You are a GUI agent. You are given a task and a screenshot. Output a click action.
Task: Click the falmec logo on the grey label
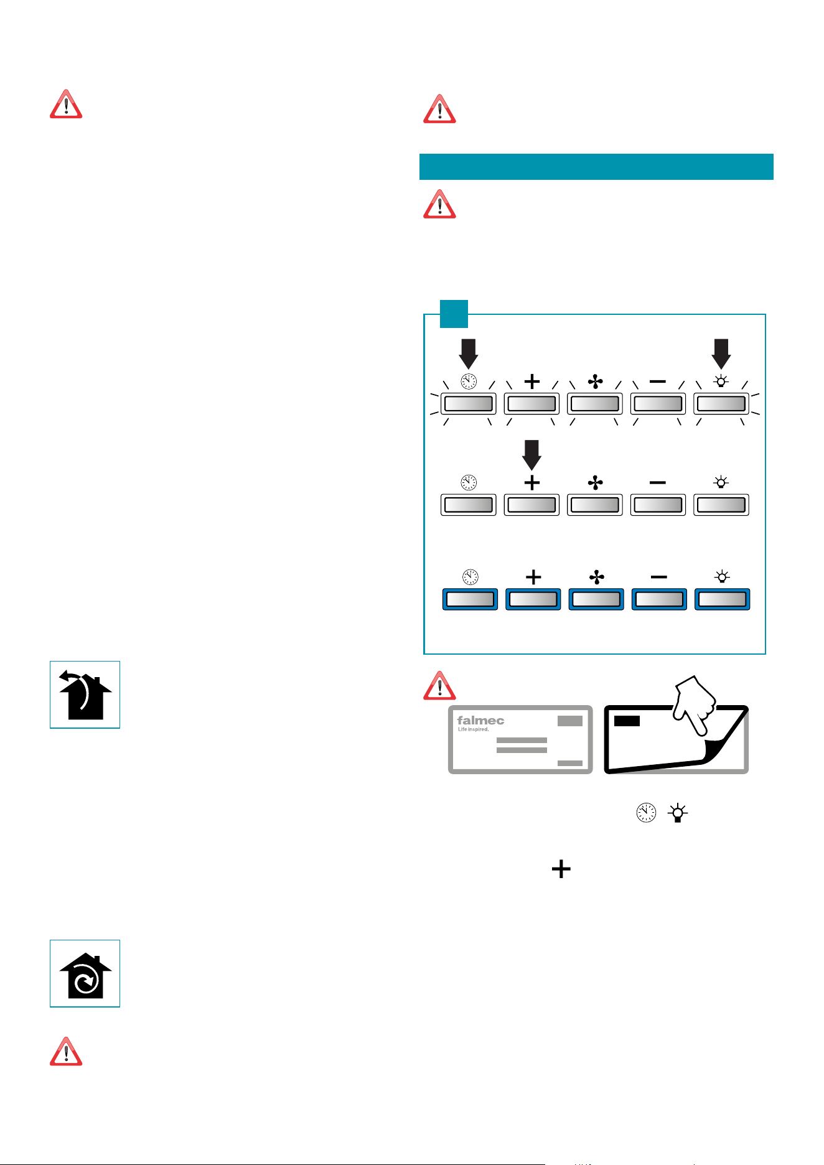click(x=480, y=721)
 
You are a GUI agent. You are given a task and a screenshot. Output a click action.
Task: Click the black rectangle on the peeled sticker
click(x=627, y=721)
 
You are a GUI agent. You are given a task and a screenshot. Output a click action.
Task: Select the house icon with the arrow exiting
click(x=85, y=695)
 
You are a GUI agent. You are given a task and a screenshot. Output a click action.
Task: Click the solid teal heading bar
click(x=596, y=167)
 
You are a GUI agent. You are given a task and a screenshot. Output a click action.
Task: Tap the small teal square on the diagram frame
click(x=454, y=314)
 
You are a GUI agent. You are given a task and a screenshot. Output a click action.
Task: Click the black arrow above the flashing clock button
click(x=469, y=353)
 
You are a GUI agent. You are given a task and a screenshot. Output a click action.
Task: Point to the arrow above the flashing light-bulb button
click(x=721, y=353)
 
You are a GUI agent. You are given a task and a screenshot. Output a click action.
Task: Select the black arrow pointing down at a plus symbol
click(x=531, y=455)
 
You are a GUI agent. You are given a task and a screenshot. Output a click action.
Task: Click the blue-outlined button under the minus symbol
click(x=659, y=599)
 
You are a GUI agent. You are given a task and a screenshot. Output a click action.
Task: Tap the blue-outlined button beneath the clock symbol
click(x=470, y=599)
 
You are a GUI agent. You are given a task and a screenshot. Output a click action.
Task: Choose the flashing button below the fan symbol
click(x=595, y=404)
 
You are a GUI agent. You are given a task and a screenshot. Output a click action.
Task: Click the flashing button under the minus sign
click(x=658, y=404)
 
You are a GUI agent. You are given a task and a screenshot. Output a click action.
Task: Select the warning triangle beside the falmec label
click(x=439, y=685)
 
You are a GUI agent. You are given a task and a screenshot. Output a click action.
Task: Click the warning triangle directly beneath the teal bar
click(x=439, y=204)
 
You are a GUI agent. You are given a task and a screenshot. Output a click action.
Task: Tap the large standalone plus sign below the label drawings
click(x=561, y=869)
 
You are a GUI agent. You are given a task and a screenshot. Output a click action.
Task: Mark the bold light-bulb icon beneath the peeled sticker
click(x=678, y=813)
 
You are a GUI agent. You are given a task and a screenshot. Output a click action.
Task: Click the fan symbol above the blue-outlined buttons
click(x=596, y=578)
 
